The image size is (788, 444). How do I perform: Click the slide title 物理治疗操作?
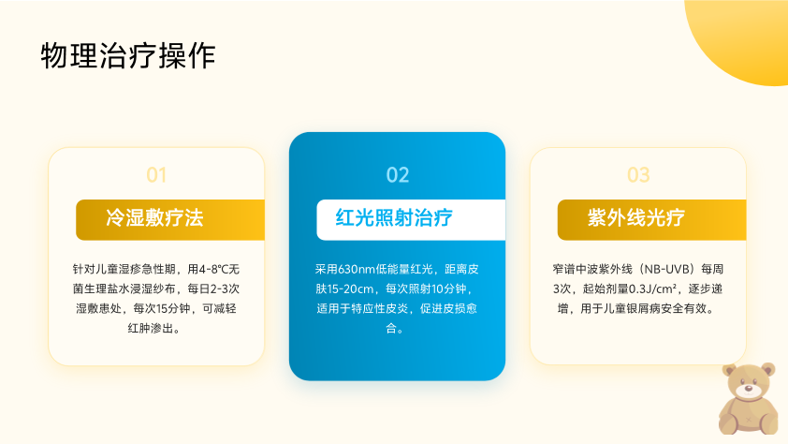pyautogui.click(x=128, y=55)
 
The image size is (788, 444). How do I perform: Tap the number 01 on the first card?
pyautogui.click(x=156, y=175)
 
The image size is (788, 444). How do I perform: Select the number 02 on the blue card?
pyautogui.click(x=398, y=175)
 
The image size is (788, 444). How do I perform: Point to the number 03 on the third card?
pyautogui.click(x=638, y=175)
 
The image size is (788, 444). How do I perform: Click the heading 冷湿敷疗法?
pyautogui.click(x=154, y=217)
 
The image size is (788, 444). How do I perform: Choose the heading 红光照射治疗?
pyautogui.click(x=394, y=217)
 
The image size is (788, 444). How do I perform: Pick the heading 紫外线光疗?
pyautogui.click(x=636, y=217)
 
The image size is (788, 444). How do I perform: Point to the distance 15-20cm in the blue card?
pyautogui.click(x=350, y=289)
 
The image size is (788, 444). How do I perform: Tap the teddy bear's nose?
pyautogui.click(x=749, y=388)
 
